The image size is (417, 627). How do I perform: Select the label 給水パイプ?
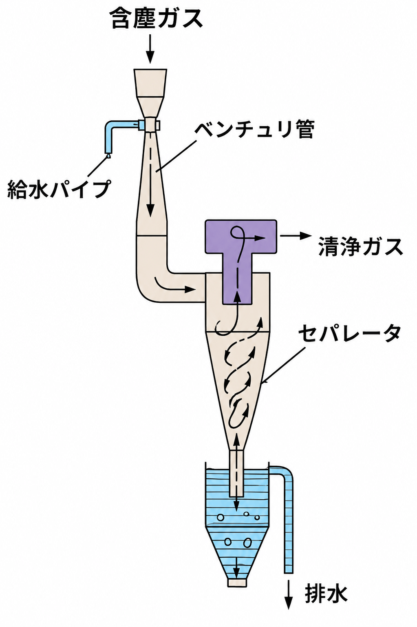[58, 190]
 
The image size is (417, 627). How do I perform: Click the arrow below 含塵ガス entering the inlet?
[150, 49]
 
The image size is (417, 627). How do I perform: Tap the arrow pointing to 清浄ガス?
[296, 236]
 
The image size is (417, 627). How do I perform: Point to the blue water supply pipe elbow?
[110, 127]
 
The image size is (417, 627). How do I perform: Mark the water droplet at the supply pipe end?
[108, 156]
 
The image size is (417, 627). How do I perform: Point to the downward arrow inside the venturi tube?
[150, 173]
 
